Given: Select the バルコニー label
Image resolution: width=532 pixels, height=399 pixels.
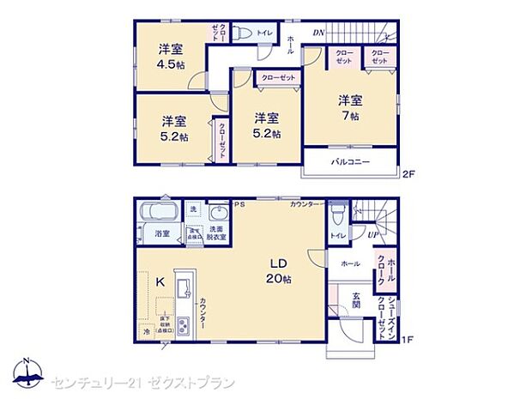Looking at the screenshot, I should [350, 161].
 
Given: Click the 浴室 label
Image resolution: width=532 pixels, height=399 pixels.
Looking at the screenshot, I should [161, 233].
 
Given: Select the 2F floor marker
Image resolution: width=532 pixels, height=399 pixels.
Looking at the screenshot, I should [408, 175].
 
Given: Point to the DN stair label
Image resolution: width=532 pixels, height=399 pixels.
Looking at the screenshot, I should [318, 33].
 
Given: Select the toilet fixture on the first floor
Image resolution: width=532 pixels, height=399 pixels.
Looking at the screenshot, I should [339, 214].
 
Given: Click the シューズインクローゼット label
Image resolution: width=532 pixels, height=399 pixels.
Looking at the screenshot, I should [391, 317].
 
